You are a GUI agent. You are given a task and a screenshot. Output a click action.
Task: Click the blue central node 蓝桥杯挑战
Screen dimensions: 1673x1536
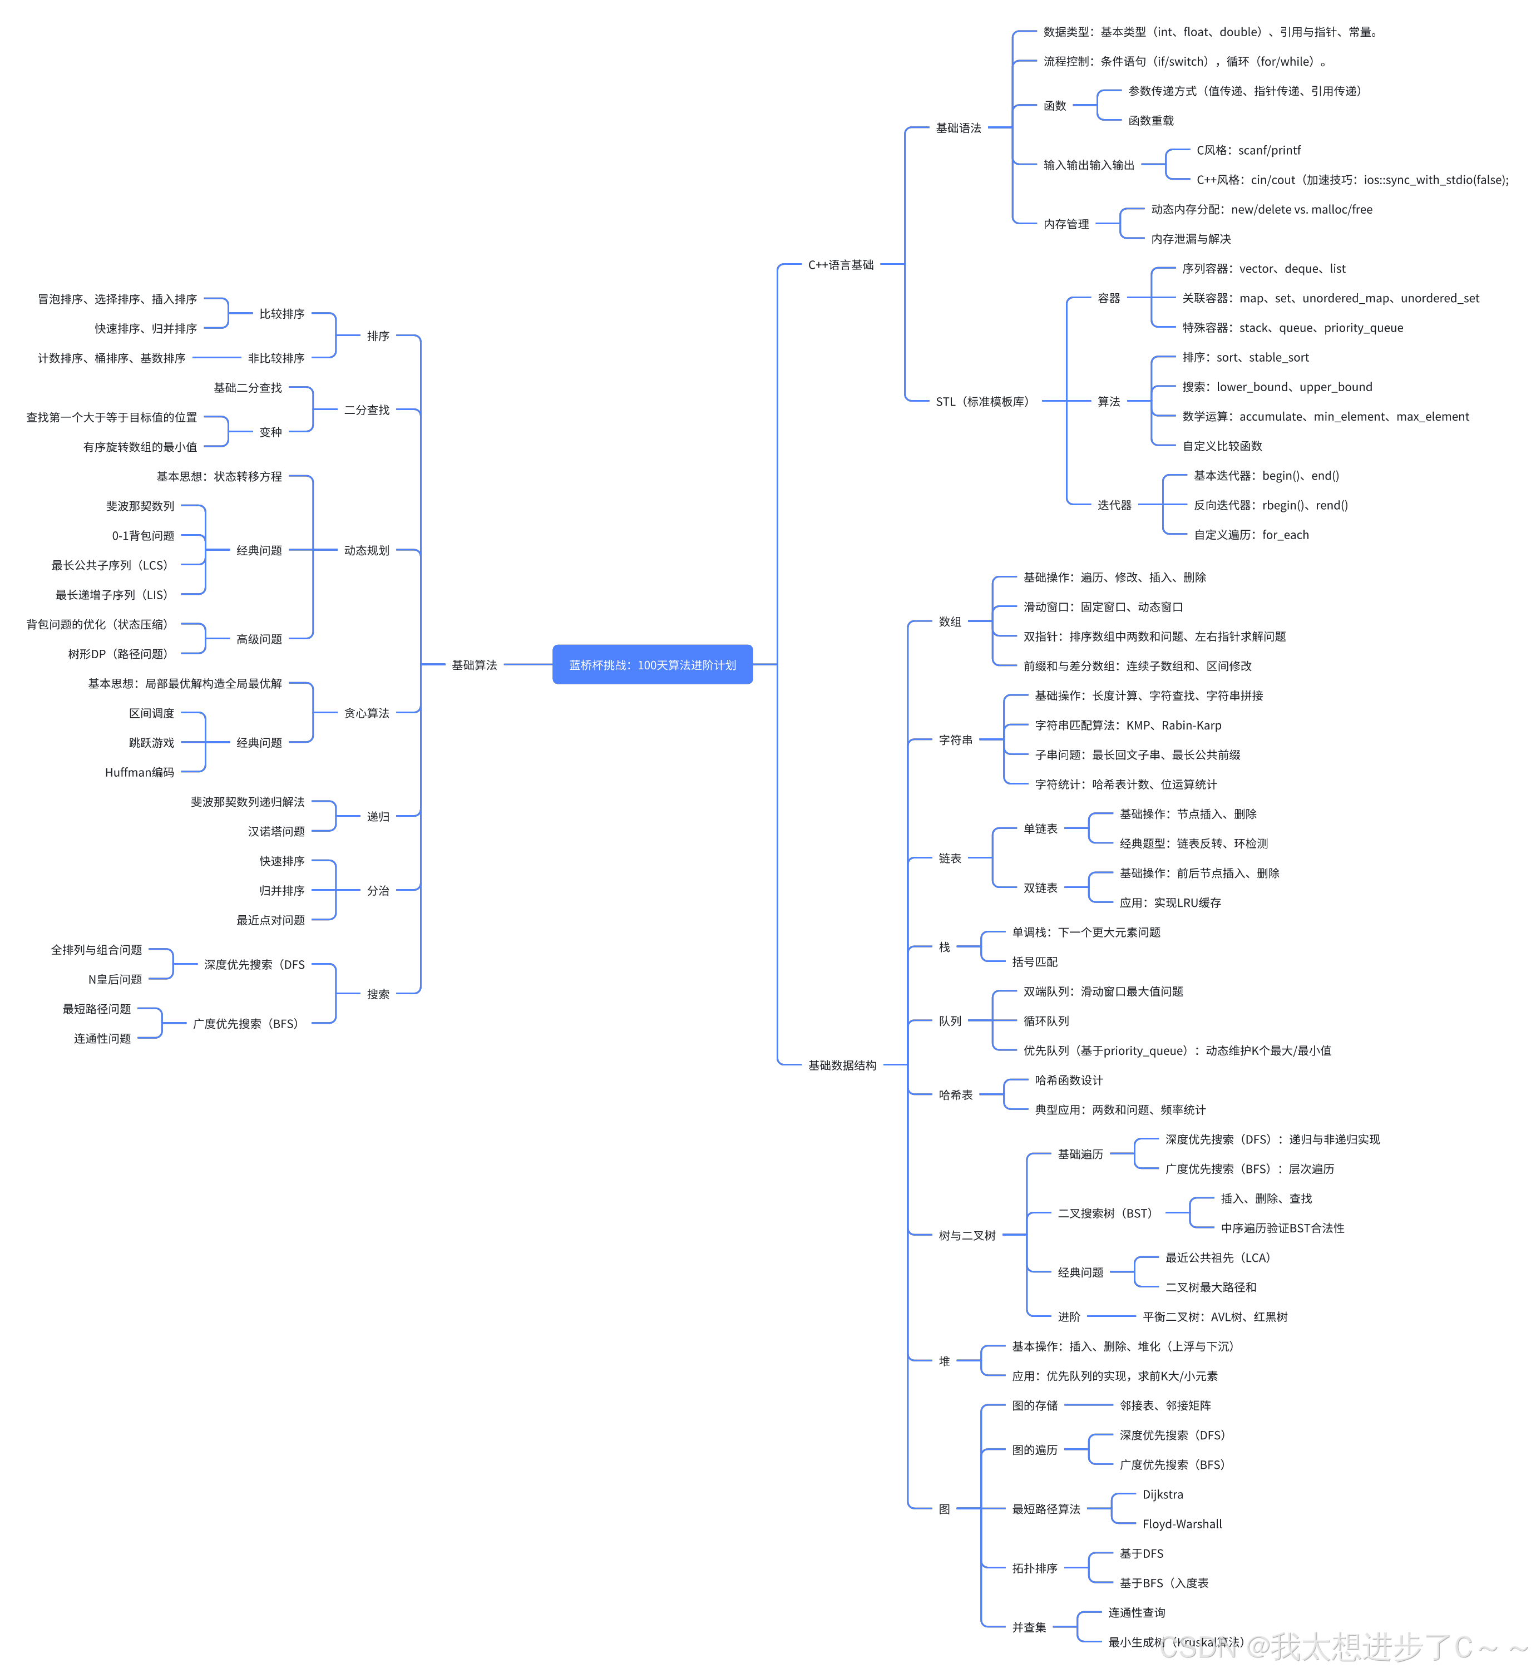click(653, 665)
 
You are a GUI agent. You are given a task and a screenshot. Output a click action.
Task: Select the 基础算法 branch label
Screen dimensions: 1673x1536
click(474, 665)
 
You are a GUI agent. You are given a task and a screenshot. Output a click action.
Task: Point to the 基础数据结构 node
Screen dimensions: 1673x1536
click(842, 1065)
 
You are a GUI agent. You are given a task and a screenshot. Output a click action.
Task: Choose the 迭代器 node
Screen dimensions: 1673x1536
click(1114, 505)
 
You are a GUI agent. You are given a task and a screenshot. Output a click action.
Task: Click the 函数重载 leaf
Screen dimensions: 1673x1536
click(1150, 121)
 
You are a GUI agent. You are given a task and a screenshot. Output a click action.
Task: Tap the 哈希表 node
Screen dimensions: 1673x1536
click(955, 1094)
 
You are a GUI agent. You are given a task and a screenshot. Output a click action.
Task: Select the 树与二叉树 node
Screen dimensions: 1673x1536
click(967, 1236)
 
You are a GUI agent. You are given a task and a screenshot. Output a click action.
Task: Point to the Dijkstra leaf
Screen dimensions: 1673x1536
click(1162, 1494)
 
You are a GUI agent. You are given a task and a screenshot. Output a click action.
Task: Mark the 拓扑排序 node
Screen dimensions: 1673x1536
click(1034, 1568)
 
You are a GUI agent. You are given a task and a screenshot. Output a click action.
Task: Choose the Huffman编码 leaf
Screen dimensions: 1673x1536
click(140, 773)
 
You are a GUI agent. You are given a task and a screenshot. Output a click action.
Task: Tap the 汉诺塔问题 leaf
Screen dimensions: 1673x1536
click(276, 832)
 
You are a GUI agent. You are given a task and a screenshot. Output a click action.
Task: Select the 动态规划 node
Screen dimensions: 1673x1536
click(367, 550)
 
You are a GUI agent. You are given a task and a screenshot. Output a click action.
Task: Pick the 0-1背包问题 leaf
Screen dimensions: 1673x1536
click(143, 536)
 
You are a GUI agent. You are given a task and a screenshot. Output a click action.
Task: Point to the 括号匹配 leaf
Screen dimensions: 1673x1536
click(1034, 961)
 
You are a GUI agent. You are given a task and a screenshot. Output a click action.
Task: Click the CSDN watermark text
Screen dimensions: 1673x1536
click(1342, 1646)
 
